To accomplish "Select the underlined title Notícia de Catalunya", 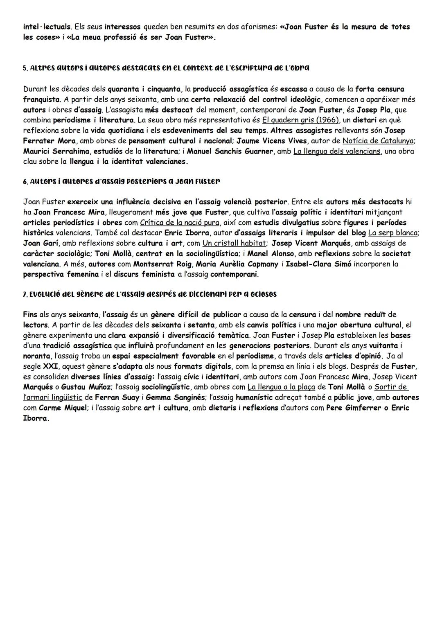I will pos(378,141).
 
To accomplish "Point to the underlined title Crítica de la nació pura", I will pos(179,223).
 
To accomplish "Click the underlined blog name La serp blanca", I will pos(393,233).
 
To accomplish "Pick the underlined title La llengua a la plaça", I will pos(281,387).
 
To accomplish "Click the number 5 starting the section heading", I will pos(25,68).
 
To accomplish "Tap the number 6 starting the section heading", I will pos(25,181).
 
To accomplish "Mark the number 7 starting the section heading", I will pos(25,294).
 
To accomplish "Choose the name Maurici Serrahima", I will pos(56,151).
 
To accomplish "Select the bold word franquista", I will pos(42,99).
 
